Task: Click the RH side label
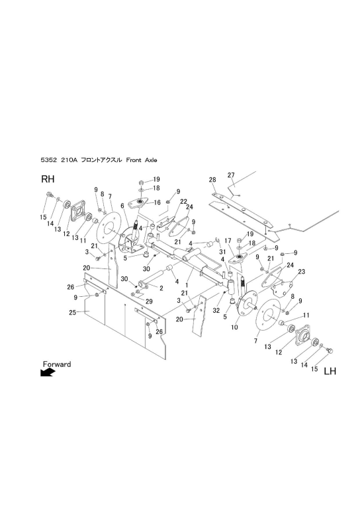48,179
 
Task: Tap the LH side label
330,371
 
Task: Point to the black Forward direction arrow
48,372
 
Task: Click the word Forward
57,364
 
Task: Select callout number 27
231,175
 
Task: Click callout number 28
212,180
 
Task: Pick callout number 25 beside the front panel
72,313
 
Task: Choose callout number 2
161,288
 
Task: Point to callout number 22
183,201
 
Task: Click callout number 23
302,272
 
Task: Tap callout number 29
149,302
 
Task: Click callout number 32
216,310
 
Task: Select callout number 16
157,202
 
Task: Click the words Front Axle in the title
142,160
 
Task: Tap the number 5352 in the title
48,160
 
